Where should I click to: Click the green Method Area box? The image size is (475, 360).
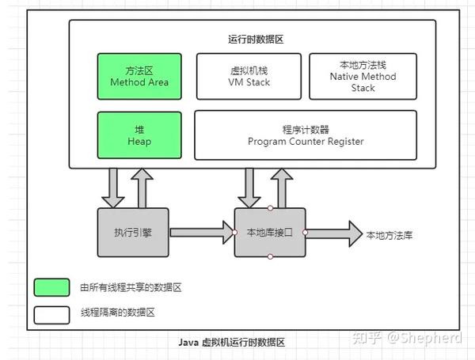click(139, 75)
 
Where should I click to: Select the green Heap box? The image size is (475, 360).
click(139, 135)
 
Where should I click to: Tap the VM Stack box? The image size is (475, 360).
click(249, 76)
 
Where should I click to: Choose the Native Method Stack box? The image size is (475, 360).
click(363, 77)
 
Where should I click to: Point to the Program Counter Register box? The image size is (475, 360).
click(305, 135)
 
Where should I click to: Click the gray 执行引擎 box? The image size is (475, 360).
click(133, 232)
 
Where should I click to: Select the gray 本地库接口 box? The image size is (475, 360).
click(269, 232)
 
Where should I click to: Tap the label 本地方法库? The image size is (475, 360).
click(389, 235)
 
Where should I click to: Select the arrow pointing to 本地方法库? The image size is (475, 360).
click(332, 233)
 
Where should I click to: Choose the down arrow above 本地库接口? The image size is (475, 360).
click(248, 187)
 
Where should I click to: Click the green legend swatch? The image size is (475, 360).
click(51, 286)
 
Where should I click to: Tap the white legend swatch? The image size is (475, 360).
click(51, 313)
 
